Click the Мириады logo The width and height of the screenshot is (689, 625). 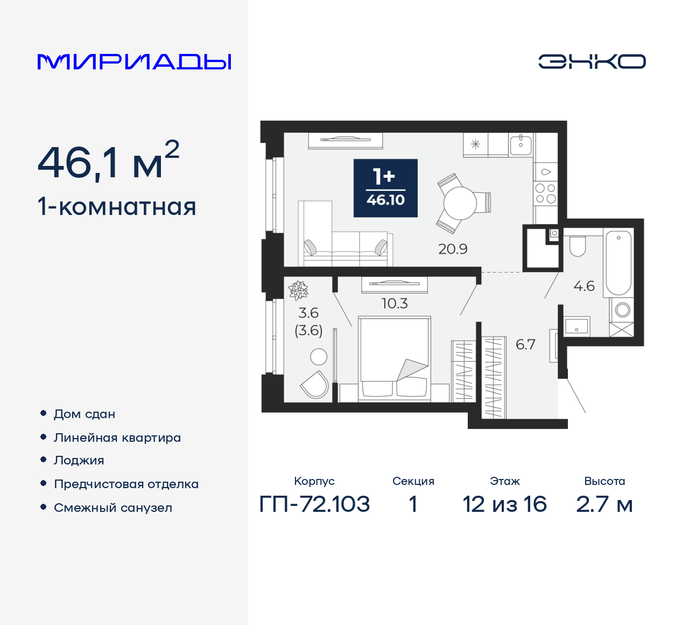pyautogui.click(x=134, y=62)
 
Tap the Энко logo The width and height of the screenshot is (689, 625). pyautogui.click(x=592, y=61)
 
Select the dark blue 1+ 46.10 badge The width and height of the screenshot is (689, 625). pyautogui.click(x=385, y=188)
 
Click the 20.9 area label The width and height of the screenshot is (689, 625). pyautogui.click(x=453, y=249)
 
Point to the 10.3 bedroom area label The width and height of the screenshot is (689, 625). pyautogui.click(x=395, y=303)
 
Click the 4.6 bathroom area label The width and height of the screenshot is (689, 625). pyautogui.click(x=584, y=286)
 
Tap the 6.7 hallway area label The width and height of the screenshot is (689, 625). pyautogui.click(x=525, y=344)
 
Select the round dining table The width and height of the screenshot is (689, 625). pyautogui.click(x=460, y=204)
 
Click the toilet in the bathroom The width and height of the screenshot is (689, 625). pyautogui.click(x=578, y=246)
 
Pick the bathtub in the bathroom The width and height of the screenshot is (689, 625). pyautogui.click(x=618, y=262)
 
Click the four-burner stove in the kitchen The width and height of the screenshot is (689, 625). pyautogui.click(x=545, y=193)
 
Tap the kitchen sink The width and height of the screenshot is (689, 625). pyautogui.click(x=521, y=144)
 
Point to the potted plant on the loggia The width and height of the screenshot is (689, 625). pyautogui.click(x=298, y=290)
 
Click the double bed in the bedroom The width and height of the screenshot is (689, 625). pyautogui.click(x=395, y=359)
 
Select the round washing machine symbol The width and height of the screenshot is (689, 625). pyautogui.click(x=623, y=310)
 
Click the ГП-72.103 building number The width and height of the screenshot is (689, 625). pyautogui.click(x=314, y=504)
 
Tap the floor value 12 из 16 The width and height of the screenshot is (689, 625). pyautogui.click(x=504, y=504)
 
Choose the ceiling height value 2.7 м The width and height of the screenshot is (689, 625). pyautogui.click(x=604, y=504)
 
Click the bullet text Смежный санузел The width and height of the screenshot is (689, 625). pyautogui.click(x=113, y=508)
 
